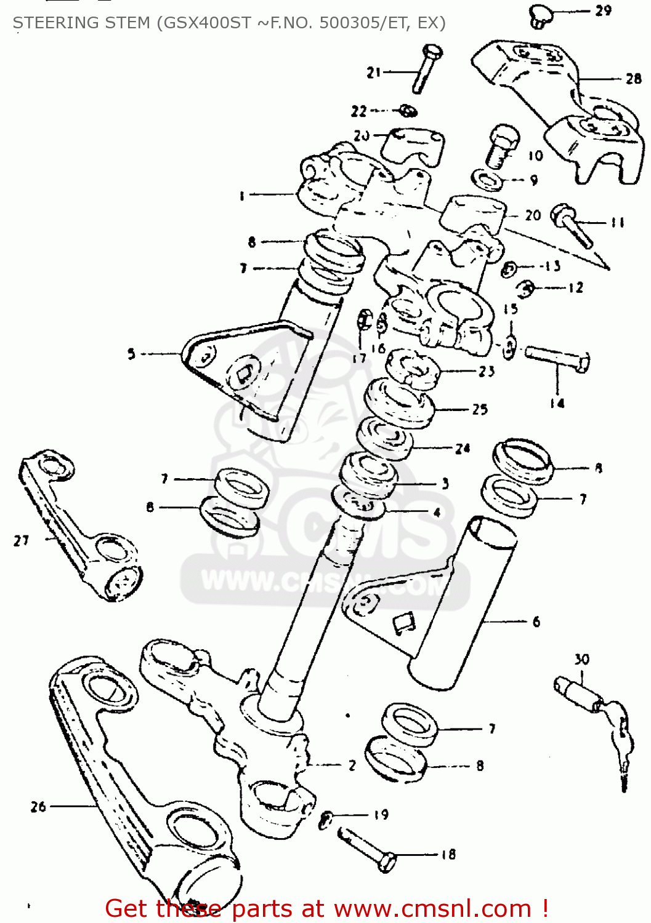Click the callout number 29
coord(603,10)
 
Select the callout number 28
coord(633,79)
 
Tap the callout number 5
coord(131,354)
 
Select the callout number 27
coord(22,540)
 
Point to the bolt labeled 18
coord(367,849)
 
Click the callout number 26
coord(38,806)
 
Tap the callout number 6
coord(536,622)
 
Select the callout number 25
coord(480,409)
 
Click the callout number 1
coord(241,196)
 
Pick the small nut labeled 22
coord(407,111)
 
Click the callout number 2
coord(352,765)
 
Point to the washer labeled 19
coord(327,818)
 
